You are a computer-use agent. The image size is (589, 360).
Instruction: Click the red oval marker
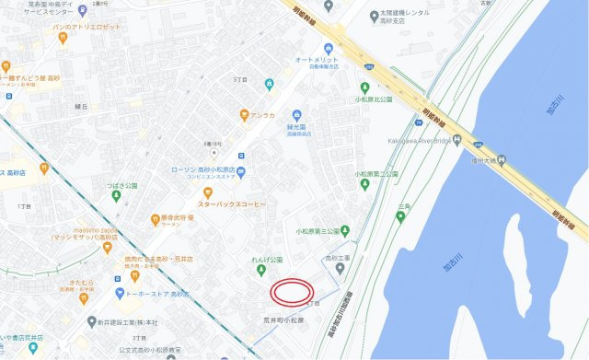click(290, 291)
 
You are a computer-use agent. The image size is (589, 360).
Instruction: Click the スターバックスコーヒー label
click(231, 203)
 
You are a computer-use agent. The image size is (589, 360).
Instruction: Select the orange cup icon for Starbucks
click(208, 192)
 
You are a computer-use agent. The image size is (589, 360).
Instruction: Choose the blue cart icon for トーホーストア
click(120, 294)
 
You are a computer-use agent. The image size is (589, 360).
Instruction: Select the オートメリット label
click(318, 62)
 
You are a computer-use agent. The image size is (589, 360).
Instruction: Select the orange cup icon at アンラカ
click(244, 115)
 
